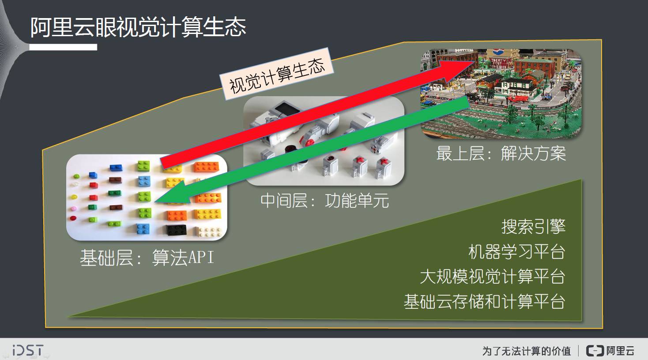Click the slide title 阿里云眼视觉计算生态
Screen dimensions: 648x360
[138, 27]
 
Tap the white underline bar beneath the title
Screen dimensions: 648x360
[63, 47]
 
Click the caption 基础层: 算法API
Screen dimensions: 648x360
[147, 258]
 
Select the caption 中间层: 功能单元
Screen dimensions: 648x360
[324, 201]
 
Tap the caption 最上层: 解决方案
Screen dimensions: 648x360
[501, 154]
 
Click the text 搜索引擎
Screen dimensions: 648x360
[533, 227]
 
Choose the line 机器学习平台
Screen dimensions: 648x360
[516, 252]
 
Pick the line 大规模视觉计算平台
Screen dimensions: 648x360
[493, 277]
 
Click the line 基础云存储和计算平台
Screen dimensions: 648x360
[484, 302]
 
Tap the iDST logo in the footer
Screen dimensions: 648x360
[28, 350]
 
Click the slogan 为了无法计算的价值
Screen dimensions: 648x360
[526, 351]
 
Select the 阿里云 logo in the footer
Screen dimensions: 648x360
[610, 351]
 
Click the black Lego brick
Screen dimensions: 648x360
[176, 230]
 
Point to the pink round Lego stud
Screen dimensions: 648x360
[74, 208]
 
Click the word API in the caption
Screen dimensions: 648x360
[201, 258]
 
